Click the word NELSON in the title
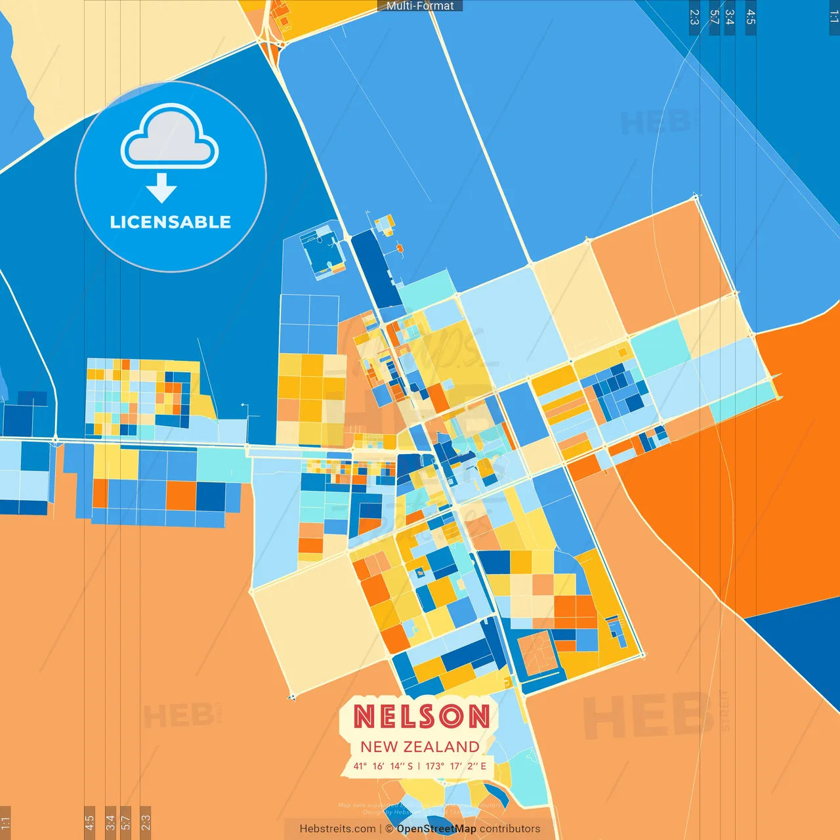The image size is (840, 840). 421,716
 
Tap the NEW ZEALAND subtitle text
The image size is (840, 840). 420,747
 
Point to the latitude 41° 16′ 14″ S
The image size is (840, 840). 383,766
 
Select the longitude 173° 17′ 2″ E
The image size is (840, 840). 456,766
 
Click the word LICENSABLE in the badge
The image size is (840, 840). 171,222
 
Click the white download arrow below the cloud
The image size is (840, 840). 161,188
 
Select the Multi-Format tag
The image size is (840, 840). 420,6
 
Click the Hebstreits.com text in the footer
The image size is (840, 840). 337,829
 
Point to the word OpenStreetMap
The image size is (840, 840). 436,829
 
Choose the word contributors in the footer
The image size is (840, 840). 510,829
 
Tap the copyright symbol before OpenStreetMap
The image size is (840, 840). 389,829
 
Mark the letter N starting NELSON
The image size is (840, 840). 365,716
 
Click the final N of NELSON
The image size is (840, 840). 478,716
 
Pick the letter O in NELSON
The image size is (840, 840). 452,716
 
